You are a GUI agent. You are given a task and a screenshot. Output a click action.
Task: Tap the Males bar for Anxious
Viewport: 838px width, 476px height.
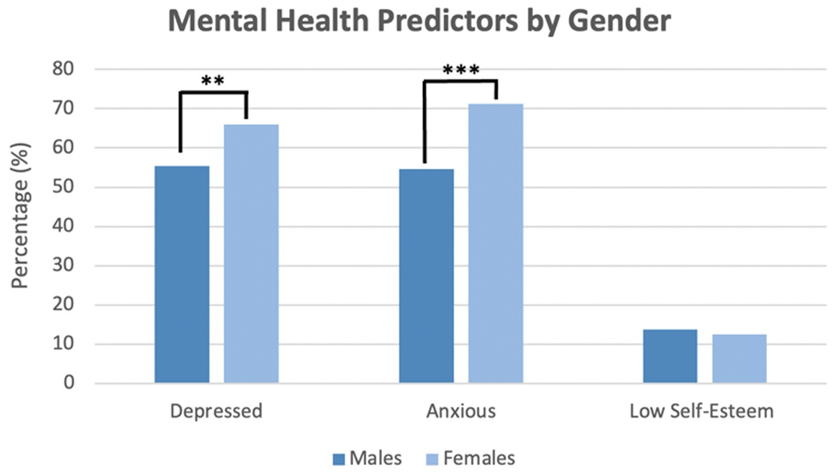click(426, 276)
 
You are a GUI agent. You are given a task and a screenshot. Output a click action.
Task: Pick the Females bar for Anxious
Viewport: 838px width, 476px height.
click(496, 244)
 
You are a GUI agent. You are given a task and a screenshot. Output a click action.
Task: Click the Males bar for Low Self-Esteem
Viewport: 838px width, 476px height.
click(670, 356)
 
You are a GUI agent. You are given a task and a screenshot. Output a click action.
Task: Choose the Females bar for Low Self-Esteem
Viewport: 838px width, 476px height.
click(739, 359)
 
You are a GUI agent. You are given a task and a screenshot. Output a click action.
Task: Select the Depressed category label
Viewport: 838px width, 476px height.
click(216, 411)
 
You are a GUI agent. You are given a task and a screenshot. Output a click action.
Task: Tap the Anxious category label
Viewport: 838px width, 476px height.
click(461, 411)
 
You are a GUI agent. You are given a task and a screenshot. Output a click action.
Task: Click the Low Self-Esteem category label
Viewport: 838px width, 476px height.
click(701, 411)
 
